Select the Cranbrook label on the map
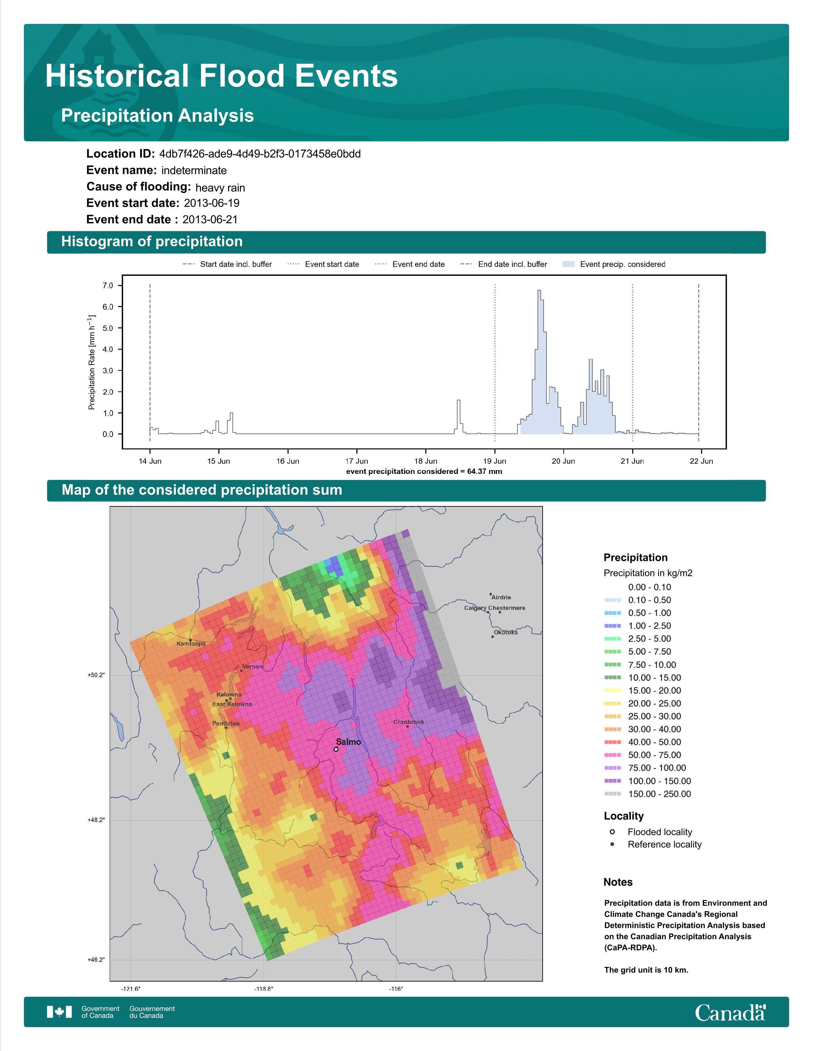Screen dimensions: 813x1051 (408, 722)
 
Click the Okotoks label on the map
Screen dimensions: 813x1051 (505, 632)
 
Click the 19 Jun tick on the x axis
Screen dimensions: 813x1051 (494, 461)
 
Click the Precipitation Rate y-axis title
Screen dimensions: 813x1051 (92, 362)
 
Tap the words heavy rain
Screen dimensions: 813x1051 (220, 188)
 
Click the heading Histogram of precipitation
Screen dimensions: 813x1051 (152, 242)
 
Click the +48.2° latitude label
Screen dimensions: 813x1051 (96, 820)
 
